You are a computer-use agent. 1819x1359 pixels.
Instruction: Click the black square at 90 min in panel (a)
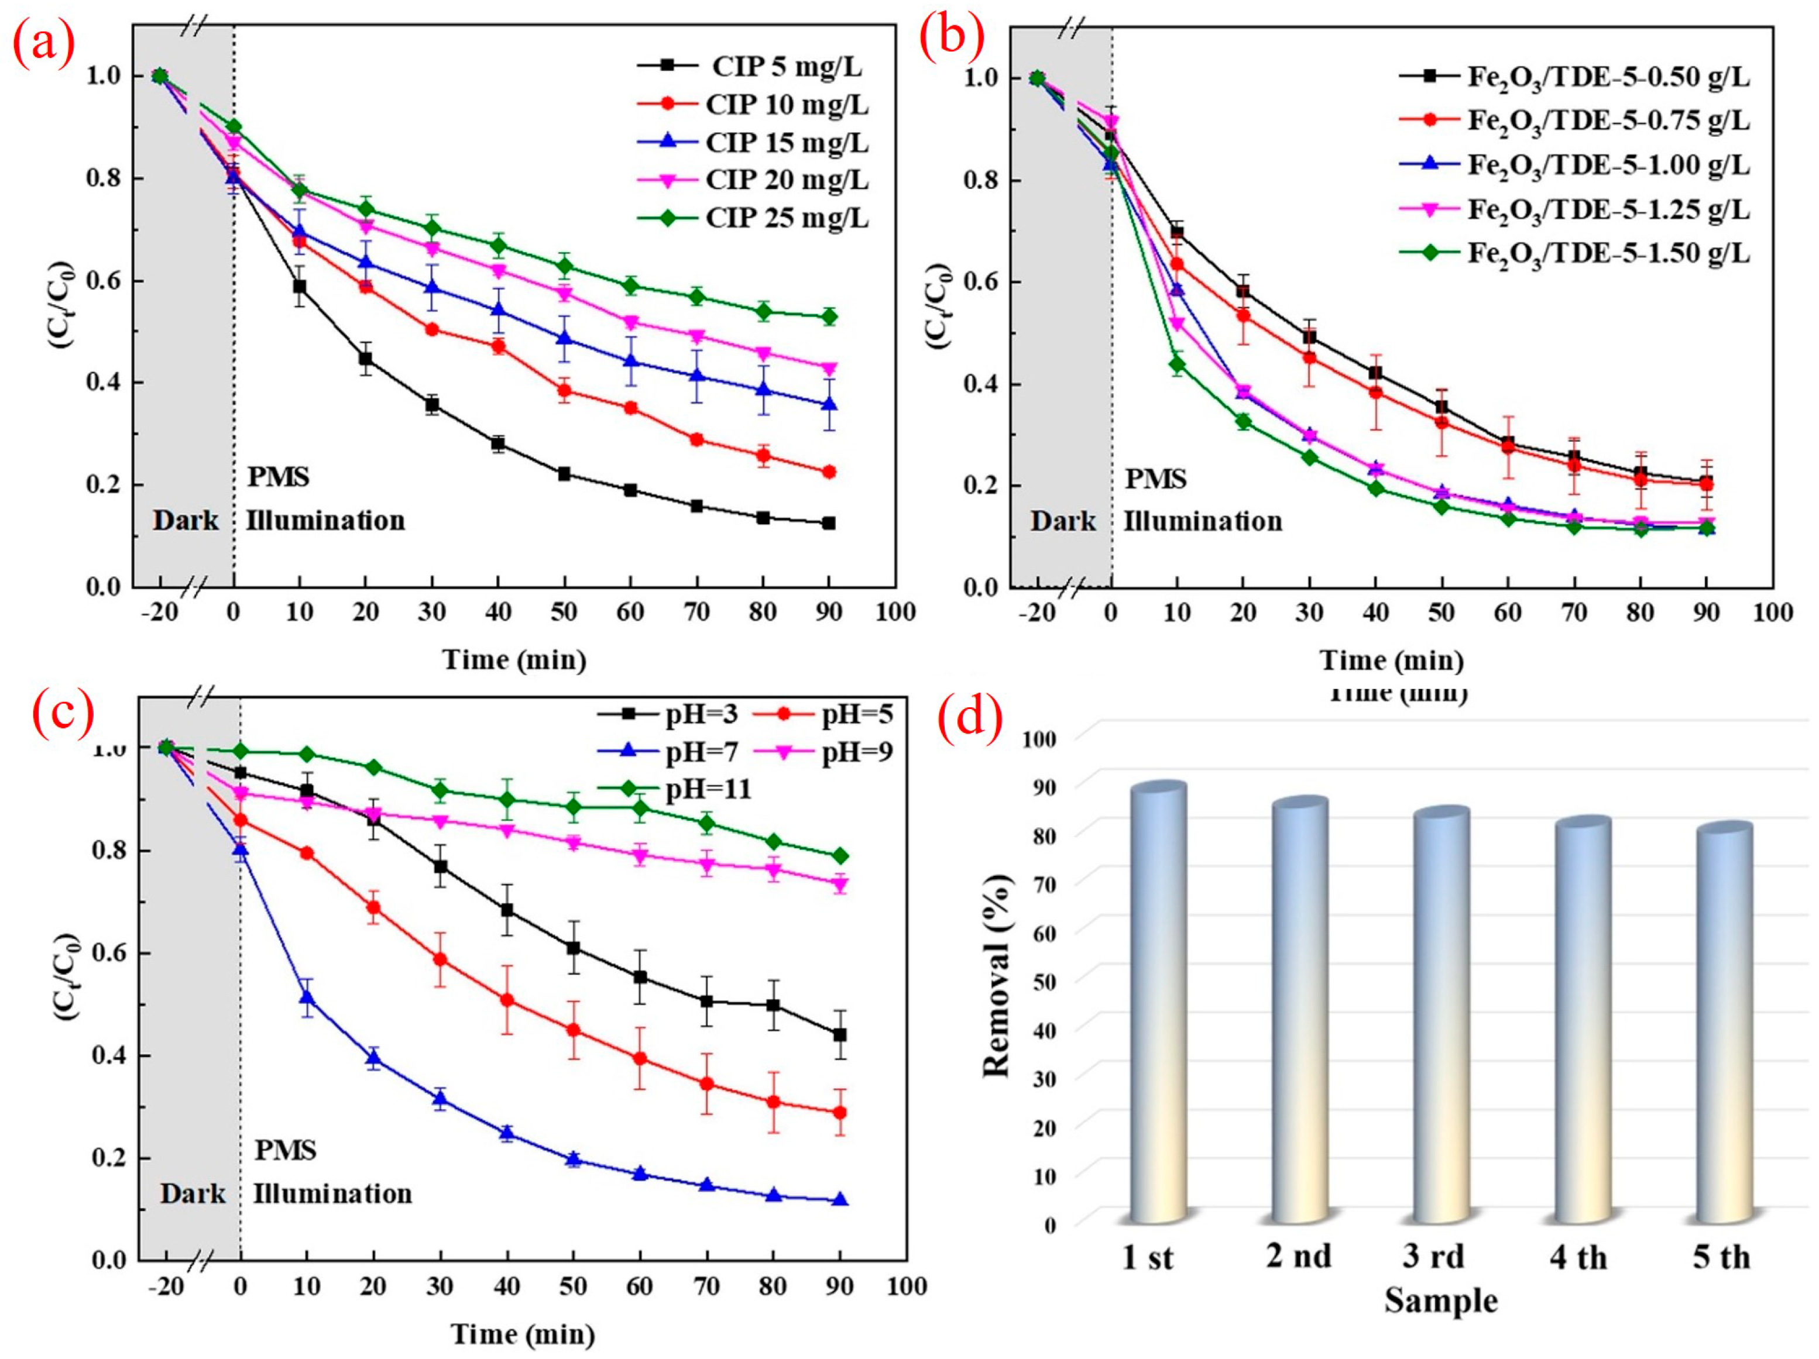click(828, 523)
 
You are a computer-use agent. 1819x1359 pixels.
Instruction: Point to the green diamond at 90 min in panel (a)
click(829, 316)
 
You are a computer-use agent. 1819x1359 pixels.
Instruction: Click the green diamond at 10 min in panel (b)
click(1177, 364)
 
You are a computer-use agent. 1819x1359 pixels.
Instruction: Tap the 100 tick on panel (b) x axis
click(1772, 613)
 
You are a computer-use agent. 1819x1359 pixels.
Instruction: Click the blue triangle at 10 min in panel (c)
click(307, 998)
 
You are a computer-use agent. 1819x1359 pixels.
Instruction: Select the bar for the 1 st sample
click(1158, 1003)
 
